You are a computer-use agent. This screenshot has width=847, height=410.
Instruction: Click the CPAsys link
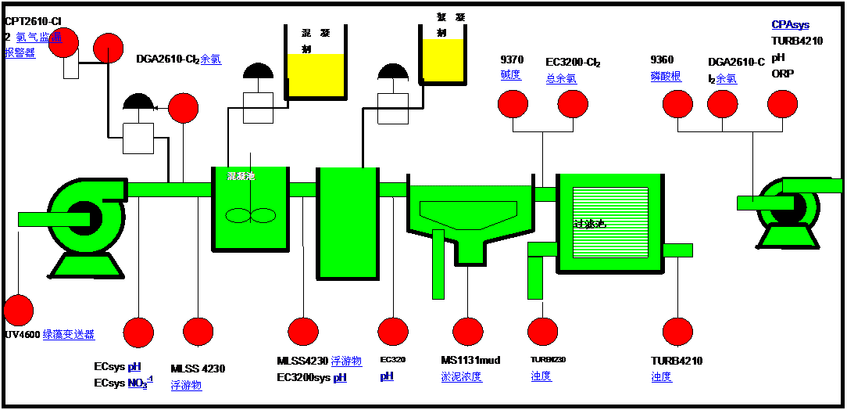point(790,25)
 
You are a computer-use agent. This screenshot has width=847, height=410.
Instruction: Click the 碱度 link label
point(510,76)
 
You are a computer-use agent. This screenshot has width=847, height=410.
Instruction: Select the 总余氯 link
point(561,78)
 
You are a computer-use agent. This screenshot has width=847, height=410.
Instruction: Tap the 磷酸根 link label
point(666,77)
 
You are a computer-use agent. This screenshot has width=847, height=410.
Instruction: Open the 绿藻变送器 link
point(69,335)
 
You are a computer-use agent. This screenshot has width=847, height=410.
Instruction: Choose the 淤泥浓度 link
point(461,377)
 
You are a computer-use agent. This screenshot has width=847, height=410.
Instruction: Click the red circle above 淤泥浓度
point(468,332)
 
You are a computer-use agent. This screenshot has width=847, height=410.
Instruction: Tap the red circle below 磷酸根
point(677,104)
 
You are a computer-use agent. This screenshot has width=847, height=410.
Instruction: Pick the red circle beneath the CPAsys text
point(782,104)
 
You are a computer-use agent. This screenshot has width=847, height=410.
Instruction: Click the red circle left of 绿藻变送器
point(18,310)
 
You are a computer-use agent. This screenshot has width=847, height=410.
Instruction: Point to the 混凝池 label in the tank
point(241,176)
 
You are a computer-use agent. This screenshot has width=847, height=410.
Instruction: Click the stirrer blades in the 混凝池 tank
point(251,215)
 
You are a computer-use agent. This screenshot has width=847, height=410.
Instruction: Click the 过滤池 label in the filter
point(589,224)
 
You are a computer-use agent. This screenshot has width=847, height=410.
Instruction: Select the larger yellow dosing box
point(316,75)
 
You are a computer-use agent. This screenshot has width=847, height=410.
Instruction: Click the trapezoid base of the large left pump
point(87,265)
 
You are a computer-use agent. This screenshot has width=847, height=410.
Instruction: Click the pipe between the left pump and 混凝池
point(169,189)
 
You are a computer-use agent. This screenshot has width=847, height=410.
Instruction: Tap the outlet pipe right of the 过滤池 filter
point(677,250)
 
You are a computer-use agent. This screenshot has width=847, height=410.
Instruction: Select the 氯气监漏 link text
point(39,38)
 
